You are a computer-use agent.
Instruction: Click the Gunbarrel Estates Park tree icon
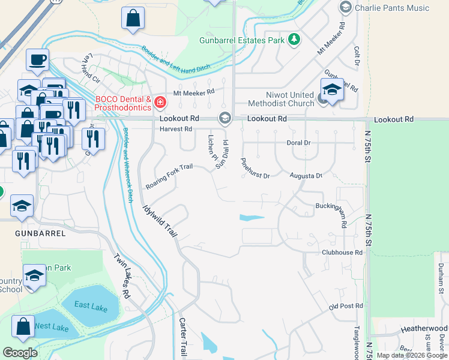(294, 40)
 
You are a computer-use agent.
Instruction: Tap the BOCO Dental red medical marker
(160, 102)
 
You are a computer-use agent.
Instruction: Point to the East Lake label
(91, 305)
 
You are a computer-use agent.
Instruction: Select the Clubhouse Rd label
(342, 253)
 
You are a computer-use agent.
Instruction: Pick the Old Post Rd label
(346, 306)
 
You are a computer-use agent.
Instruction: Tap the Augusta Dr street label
(306, 176)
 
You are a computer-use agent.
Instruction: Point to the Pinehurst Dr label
(255, 168)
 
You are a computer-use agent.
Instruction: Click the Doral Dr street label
(298, 143)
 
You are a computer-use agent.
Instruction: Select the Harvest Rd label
(176, 129)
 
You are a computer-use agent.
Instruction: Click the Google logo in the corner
(20, 353)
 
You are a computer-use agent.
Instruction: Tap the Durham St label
(440, 274)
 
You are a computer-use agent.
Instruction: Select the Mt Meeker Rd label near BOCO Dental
(193, 92)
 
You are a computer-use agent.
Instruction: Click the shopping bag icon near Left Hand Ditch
(133, 19)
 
